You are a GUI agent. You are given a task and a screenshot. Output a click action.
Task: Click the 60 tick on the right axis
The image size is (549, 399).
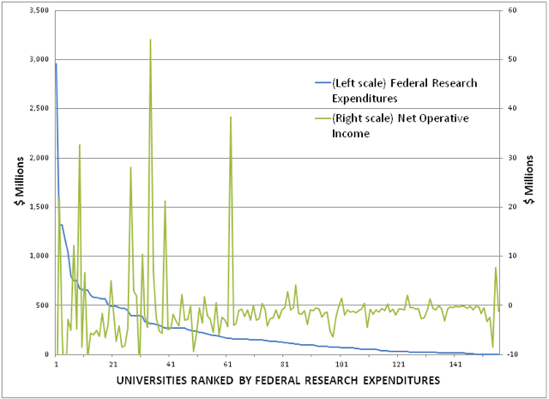pos(508,10)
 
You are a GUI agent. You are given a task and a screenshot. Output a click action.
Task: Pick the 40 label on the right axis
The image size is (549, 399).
pos(508,109)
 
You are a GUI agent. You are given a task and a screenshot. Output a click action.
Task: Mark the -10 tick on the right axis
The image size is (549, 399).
pos(510,354)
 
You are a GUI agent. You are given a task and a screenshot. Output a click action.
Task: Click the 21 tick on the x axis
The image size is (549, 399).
pos(113,364)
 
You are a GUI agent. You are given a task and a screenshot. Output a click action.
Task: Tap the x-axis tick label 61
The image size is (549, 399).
pos(227,364)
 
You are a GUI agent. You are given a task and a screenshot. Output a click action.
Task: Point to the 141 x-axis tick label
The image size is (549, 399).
pos(455,364)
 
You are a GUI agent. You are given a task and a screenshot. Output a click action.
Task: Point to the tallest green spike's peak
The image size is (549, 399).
pos(150,39)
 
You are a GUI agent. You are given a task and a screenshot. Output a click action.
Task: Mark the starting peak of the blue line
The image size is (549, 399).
pos(56,63)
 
